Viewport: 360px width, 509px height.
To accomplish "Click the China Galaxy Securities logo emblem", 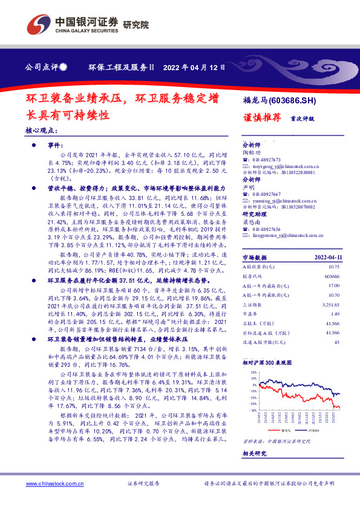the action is point(38,25).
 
